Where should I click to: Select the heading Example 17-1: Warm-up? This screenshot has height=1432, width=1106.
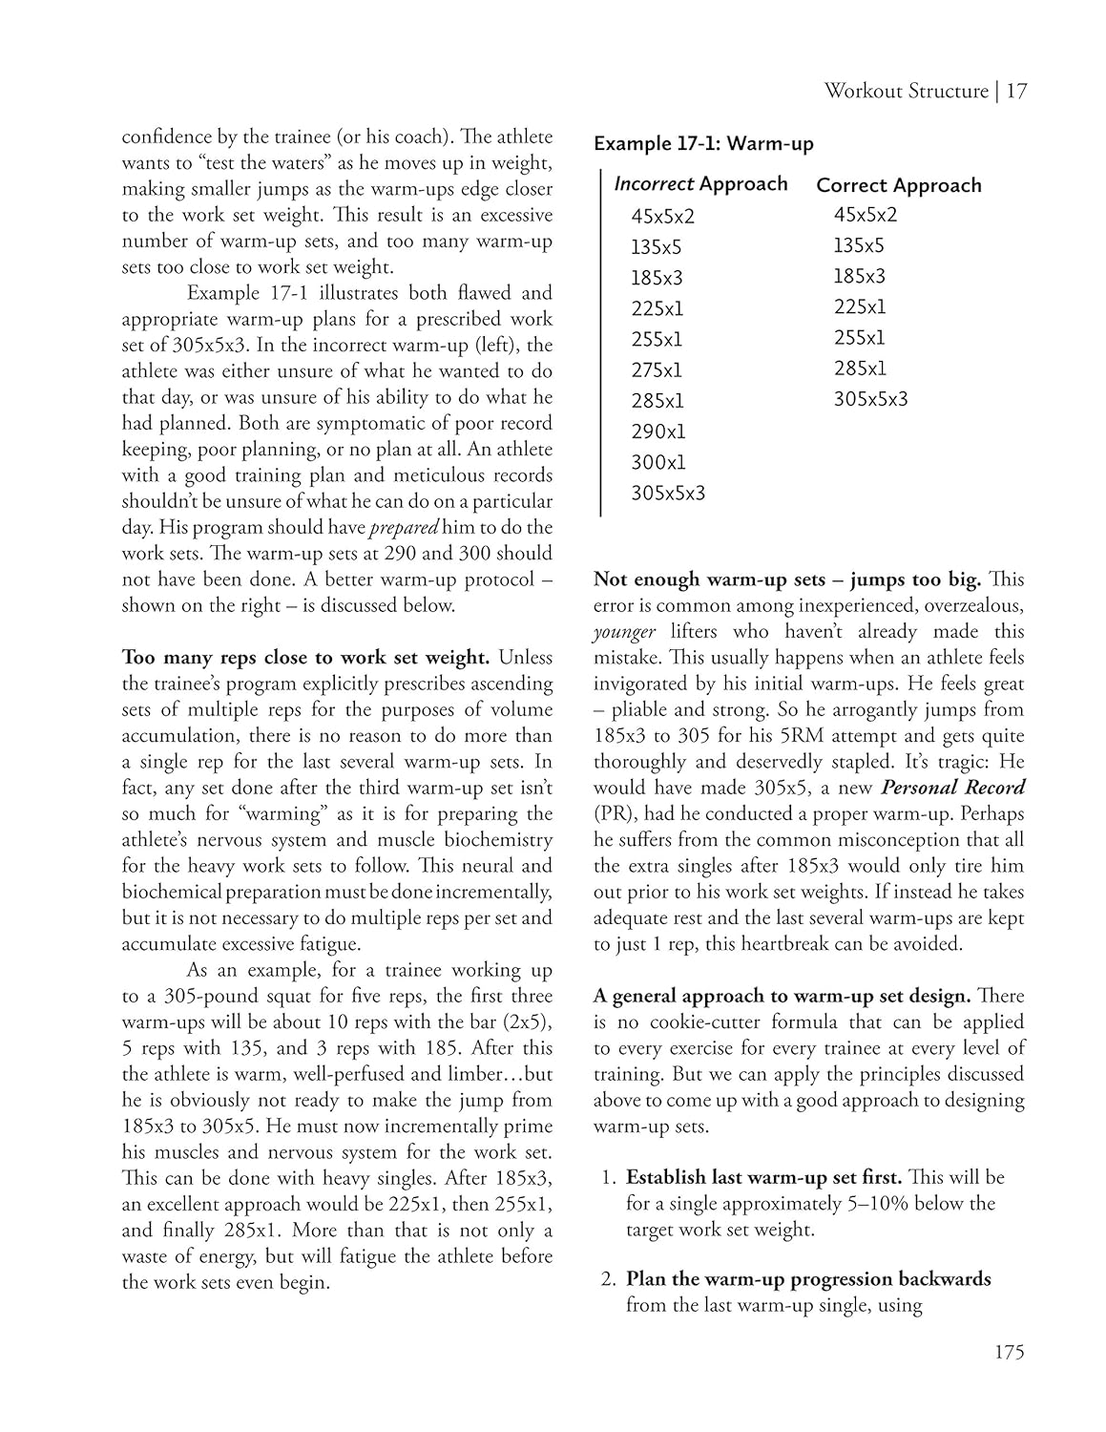coord(703,144)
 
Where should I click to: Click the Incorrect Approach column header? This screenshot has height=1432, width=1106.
coord(700,184)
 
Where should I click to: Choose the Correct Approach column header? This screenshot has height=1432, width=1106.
coord(898,185)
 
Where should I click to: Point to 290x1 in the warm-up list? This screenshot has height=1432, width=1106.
coord(657,432)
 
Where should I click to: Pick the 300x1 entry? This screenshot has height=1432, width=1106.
coord(657,462)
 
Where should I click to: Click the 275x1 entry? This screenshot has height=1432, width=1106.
coord(657,370)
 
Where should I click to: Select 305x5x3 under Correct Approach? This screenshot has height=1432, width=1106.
coord(870,399)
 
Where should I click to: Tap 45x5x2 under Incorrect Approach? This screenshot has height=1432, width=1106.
coord(662,216)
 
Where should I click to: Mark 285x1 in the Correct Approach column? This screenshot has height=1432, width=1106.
coord(859,369)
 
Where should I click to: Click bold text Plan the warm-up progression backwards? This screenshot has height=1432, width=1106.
coord(807,1279)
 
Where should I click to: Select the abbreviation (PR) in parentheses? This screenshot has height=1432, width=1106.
coord(612,814)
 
